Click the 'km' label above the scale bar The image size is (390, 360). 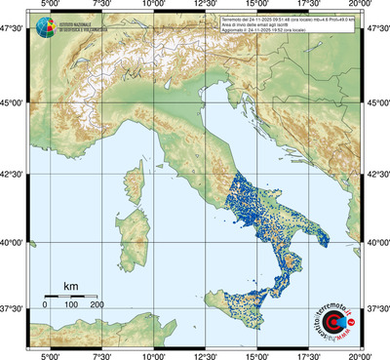pos(70,286)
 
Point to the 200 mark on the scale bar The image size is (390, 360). pos(97,305)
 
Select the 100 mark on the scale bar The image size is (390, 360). pos(71,305)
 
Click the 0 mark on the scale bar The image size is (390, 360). pos(45,305)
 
